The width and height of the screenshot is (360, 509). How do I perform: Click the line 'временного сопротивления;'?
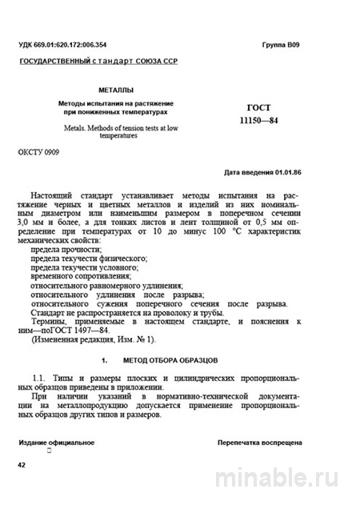tap(78, 272)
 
